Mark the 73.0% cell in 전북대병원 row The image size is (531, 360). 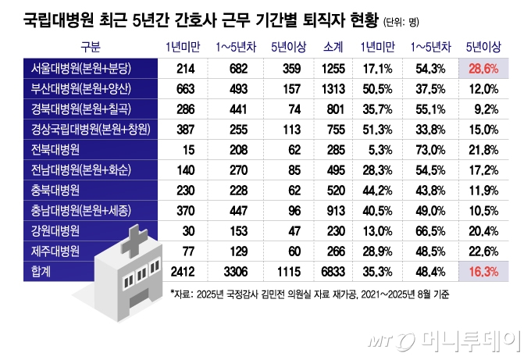426,149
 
